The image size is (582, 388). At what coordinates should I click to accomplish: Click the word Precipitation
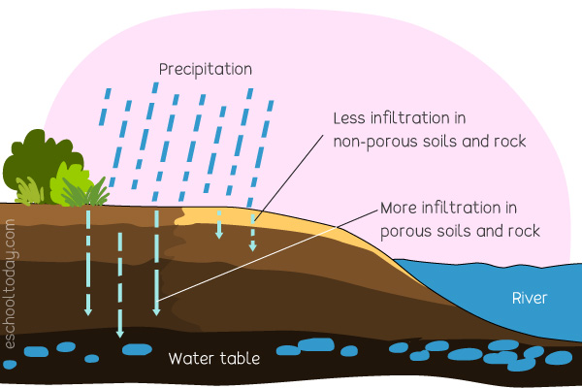click(x=206, y=70)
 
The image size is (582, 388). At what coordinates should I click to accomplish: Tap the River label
click(x=531, y=298)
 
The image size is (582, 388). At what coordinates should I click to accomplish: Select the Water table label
click(x=214, y=358)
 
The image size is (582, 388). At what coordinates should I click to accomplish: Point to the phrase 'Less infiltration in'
click(x=400, y=119)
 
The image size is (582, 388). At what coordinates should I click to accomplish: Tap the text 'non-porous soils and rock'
click(x=429, y=143)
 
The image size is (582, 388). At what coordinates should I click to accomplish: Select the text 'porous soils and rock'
click(x=460, y=232)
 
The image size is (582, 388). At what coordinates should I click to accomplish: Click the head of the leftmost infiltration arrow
click(x=87, y=311)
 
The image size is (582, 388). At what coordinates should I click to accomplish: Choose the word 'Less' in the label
click(x=349, y=119)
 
